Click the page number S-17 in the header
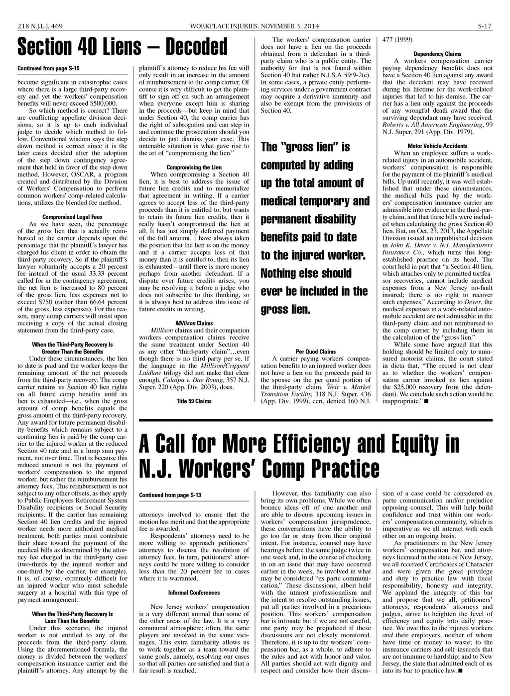[x=485, y=26]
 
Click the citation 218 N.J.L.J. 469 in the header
[x=39, y=26]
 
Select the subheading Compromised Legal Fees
[x=72, y=217]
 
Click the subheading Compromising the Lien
[x=194, y=167]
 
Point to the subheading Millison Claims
[x=194, y=323]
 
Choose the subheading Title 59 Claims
[x=194, y=401]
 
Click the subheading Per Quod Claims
[x=315, y=351]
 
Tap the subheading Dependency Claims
[x=437, y=54]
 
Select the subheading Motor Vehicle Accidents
[x=437, y=146]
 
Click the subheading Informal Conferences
[x=194, y=593]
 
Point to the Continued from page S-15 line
[x=48, y=68]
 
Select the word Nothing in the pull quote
[x=282, y=273]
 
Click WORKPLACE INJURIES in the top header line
[x=222, y=26]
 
